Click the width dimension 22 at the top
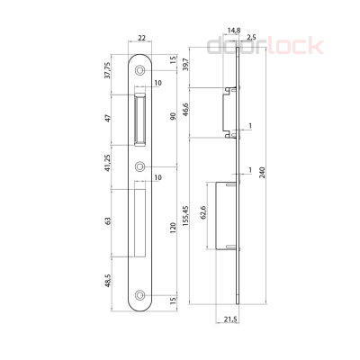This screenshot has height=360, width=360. click(141, 38)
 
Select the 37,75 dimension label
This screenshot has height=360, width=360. click(107, 69)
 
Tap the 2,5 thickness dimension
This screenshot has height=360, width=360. click(250, 39)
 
